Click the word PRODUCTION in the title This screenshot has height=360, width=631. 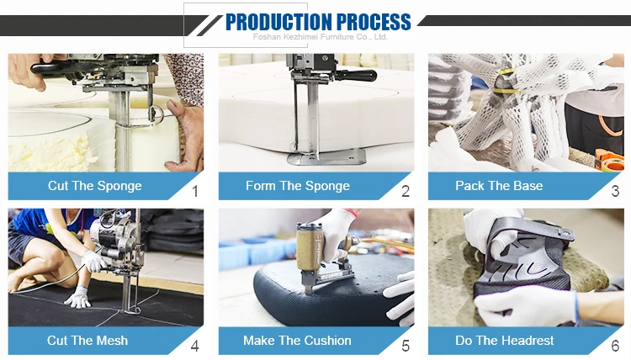pyautogui.click(x=278, y=22)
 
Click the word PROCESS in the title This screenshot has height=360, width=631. pyautogui.click(x=374, y=22)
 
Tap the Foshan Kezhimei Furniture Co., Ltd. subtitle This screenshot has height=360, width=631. pyautogui.click(x=320, y=37)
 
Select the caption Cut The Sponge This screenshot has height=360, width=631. pyautogui.click(x=94, y=186)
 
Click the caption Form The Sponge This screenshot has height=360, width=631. pyautogui.click(x=298, y=186)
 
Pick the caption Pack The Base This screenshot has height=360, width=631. pyautogui.click(x=499, y=185)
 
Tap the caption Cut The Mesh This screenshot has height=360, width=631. pyautogui.click(x=87, y=341)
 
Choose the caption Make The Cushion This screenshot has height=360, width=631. pyautogui.click(x=297, y=341)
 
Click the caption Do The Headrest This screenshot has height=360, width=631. pyautogui.click(x=504, y=341)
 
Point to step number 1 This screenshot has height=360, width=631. pyautogui.click(x=195, y=191)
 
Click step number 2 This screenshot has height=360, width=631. pyautogui.click(x=406, y=191)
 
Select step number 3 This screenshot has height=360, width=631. pyautogui.click(x=615, y=191)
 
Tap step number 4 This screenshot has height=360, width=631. pyautogui.click(x=195, y=346)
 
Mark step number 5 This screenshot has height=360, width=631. pyautogui.click(x=406, y=346)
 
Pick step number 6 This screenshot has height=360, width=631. pyautogui.click(x=615, y=346)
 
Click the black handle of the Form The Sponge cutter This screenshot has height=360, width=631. pyautogui.click(x=357, y=75)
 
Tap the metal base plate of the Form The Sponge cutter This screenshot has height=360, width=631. pyautogui.click(x=326, y=157)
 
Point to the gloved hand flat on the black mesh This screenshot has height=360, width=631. pyautogui.click(x=77, y=298)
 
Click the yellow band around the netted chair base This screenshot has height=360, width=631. pyautogui.click(x=505, y=82)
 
